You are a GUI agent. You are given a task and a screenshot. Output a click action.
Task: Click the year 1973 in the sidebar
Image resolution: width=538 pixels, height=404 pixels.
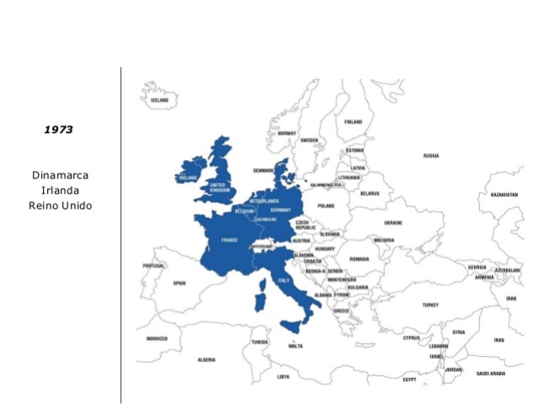tap(59, 130)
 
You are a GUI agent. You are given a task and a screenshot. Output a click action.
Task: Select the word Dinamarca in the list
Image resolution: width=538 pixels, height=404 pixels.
tap(60, 175)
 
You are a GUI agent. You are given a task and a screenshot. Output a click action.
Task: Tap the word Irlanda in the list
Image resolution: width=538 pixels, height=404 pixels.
tap(60, 190)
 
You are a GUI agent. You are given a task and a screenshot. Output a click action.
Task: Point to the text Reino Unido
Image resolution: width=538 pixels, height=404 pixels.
tap(60, 205)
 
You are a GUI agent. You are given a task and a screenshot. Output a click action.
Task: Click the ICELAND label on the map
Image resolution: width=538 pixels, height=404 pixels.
tap(159, 99)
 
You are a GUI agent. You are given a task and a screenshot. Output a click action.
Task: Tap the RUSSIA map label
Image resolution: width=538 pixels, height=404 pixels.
tap(431, 156)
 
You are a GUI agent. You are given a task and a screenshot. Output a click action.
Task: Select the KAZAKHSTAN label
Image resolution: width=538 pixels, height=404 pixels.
tap(503, 194)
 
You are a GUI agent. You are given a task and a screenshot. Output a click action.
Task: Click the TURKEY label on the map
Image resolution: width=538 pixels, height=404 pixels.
tap(430, 305)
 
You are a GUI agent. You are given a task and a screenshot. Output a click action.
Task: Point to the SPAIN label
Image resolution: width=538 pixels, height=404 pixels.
tap(178, 283)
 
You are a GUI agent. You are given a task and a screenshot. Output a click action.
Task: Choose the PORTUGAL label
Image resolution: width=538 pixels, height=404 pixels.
tap(154, 265)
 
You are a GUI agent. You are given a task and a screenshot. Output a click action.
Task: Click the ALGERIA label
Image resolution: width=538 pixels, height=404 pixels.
tap(206, 359)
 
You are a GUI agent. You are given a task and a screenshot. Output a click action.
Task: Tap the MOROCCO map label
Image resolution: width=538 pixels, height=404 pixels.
tap(157, 338)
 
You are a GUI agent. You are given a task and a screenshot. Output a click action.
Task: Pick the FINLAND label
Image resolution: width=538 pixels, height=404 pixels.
tap(353, 122)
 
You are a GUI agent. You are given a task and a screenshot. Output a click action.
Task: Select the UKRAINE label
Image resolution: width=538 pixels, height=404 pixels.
tap(393, 223)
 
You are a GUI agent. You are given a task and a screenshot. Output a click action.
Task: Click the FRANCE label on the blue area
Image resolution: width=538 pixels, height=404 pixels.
tap(229, 240)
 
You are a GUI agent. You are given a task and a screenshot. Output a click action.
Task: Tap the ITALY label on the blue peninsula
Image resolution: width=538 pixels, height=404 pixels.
tap(283, 280)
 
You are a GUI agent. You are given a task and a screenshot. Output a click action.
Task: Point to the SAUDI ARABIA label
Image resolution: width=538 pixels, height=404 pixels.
tap(491, 373)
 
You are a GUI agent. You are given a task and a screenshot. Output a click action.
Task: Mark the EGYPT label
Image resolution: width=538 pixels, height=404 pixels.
tap(410, 379)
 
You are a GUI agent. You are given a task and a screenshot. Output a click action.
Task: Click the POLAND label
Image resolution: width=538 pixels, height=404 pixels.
tap(326, 205)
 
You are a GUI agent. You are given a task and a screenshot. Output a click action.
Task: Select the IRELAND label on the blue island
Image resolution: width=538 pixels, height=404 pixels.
tap(187, 178)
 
